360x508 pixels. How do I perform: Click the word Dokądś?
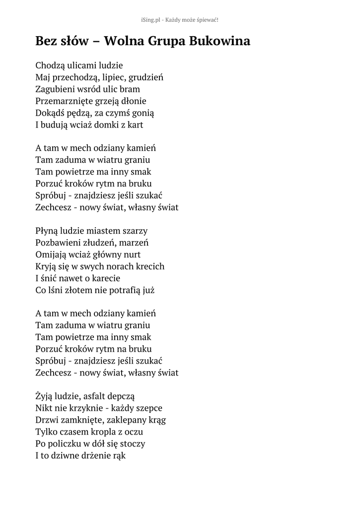pos(49,113)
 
